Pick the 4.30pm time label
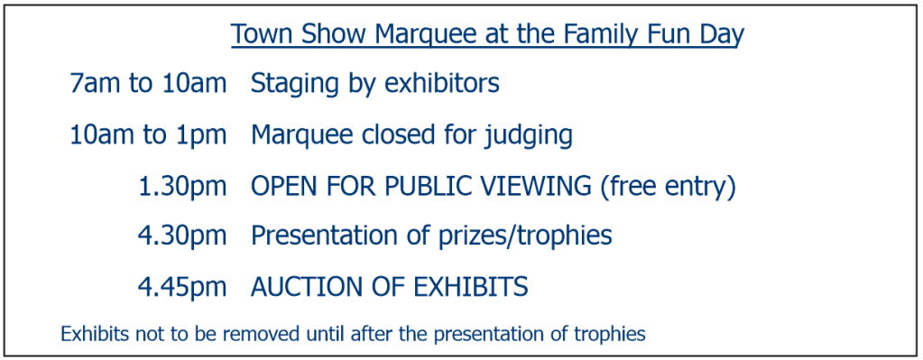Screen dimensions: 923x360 182,236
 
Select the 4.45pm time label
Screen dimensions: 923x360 182,288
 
